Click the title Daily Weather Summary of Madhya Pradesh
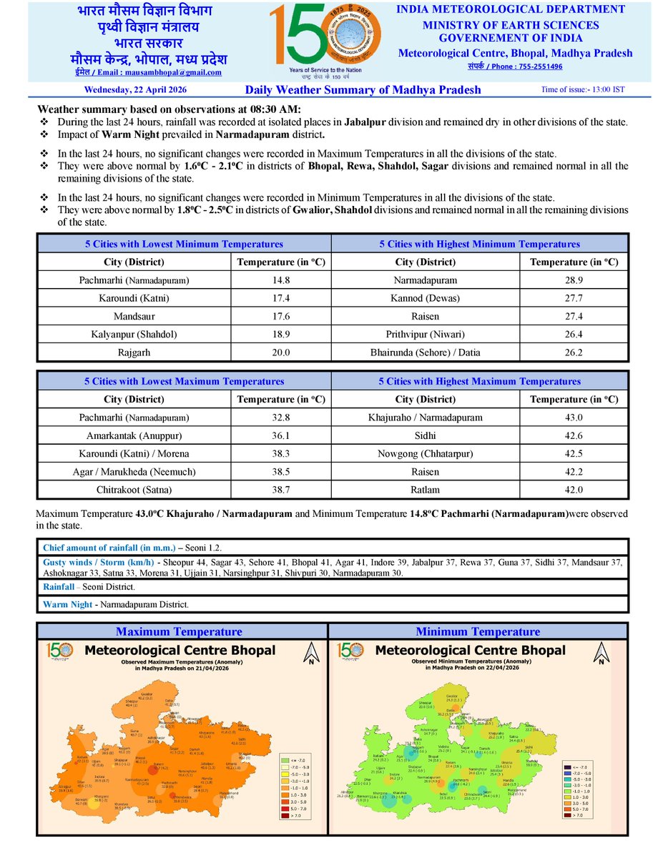click(x=363, y=90)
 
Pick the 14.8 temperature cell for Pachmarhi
click(x=281, y=280)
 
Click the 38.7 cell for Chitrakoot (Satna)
click(x=281, y=490)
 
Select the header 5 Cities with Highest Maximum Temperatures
click(x=480, y=381)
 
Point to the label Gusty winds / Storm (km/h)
click(x=98, y=563)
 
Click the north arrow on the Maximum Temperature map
click(x=311, y=654)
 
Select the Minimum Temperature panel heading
click(x=478, y=631)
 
